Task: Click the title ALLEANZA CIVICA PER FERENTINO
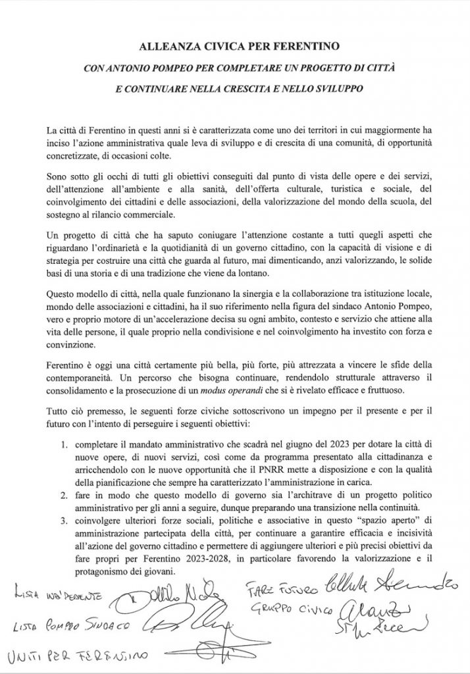pyautogui.click(x=235, y=47)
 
